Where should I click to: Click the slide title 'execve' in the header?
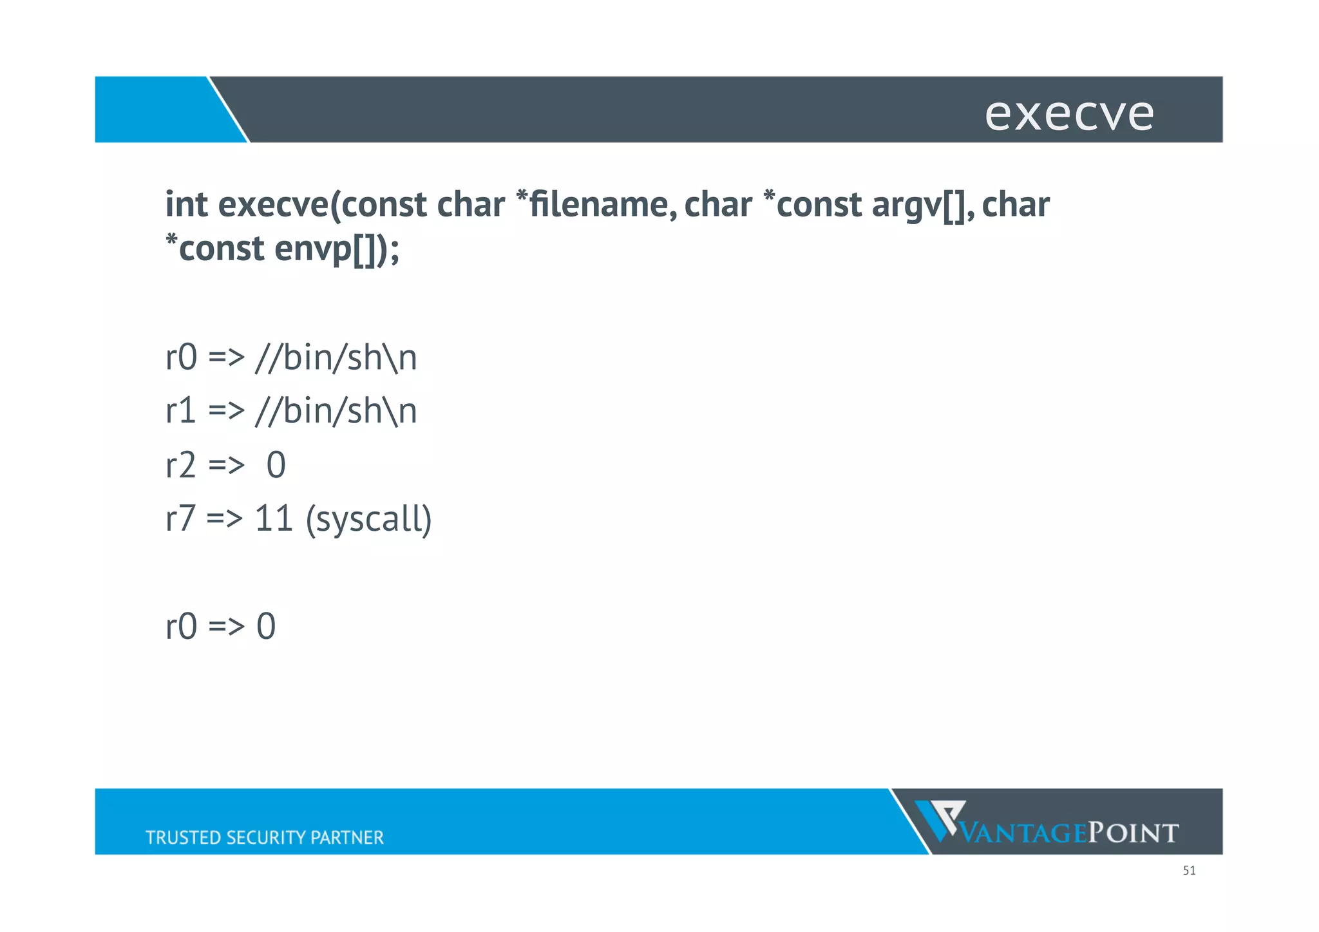click(x=1069, y=114)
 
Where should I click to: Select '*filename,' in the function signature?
click(x=597, y=205)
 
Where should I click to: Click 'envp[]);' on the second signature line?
click(x=337, y=249)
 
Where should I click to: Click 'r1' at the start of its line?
click(x=180, y=411)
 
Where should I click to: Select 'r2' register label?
click(x=180, y=465)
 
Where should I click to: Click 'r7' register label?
click(x=180, y=518)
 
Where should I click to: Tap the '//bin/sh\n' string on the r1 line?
click(x=336, y=411)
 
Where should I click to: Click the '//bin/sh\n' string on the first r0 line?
click(x=336, y=357)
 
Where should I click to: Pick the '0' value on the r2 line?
click(x=276, y=465)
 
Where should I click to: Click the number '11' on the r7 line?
click(x=274, y=518)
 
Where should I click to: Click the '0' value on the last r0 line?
click(x=266, y=626)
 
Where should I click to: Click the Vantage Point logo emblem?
click(x=940, y=819)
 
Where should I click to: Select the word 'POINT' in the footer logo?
click(x=1133, y=833)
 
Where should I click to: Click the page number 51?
click(x=1189, y=871)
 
